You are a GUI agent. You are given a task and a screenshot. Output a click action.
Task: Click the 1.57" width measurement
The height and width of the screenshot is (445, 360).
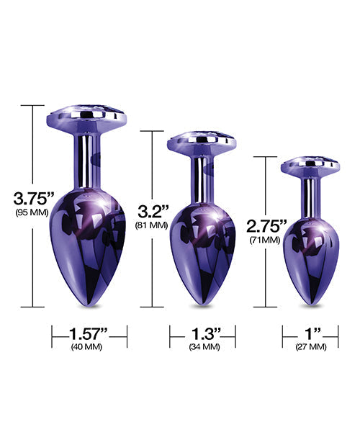click(x=89, y=333)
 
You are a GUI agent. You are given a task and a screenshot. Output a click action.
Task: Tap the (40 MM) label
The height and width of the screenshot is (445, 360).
click(x=89, y=347)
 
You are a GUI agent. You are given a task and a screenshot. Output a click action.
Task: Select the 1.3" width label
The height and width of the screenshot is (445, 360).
click(x=202, y=333)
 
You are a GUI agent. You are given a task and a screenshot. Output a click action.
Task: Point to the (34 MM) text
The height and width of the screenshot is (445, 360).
click(x=202, y=347)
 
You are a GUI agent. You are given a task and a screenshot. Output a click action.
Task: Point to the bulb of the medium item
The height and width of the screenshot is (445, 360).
click(x=202, y=245)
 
